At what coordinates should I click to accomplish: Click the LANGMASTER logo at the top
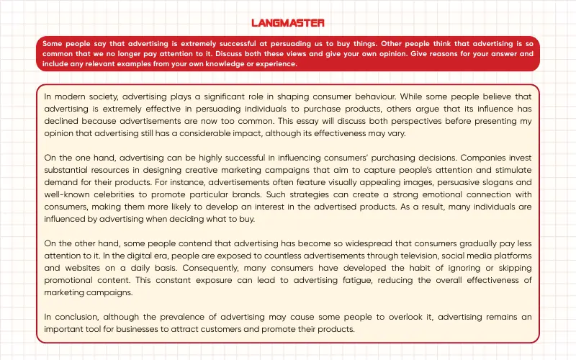(288, 23)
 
